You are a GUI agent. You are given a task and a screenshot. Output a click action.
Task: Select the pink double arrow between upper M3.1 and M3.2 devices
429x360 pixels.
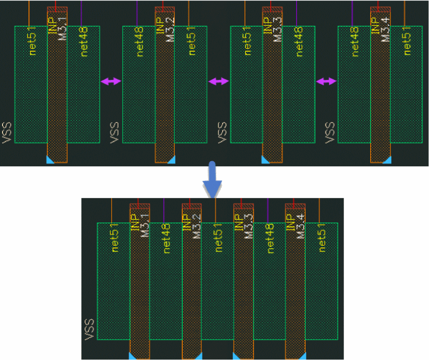[x=111, y=82]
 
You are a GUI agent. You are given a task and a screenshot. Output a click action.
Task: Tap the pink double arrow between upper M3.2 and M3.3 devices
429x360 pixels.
[x=218, y=82]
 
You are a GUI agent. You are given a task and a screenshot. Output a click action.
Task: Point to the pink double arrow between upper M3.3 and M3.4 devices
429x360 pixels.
[x=326, y=82]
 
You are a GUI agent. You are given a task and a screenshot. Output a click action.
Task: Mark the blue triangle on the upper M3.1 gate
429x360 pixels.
[x=49, y=160]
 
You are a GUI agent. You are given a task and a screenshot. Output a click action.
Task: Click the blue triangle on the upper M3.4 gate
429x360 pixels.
[x=387, y=160]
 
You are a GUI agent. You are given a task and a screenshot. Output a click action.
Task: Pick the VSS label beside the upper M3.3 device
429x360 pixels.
[x=223, y=132]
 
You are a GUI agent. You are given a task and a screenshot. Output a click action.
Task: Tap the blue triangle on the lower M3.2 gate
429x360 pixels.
[x=198, y=356]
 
